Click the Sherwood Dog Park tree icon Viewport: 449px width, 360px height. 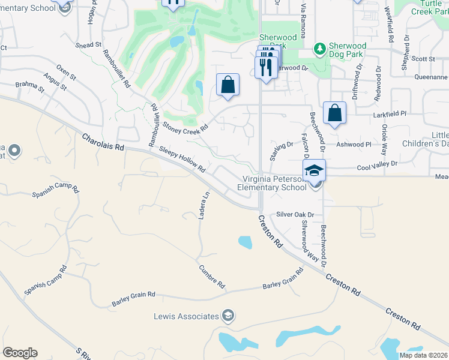321,48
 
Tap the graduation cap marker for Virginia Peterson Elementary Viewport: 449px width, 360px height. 314,170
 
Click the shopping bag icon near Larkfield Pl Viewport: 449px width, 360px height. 334,112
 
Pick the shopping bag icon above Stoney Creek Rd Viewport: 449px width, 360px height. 228,85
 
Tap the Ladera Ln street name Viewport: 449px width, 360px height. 205,205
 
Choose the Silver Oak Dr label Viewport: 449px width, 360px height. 295,215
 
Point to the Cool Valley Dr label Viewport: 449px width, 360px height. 377,164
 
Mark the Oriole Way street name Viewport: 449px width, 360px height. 384,139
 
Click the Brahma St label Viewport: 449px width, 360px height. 29,87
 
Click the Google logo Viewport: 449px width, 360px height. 20,353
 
